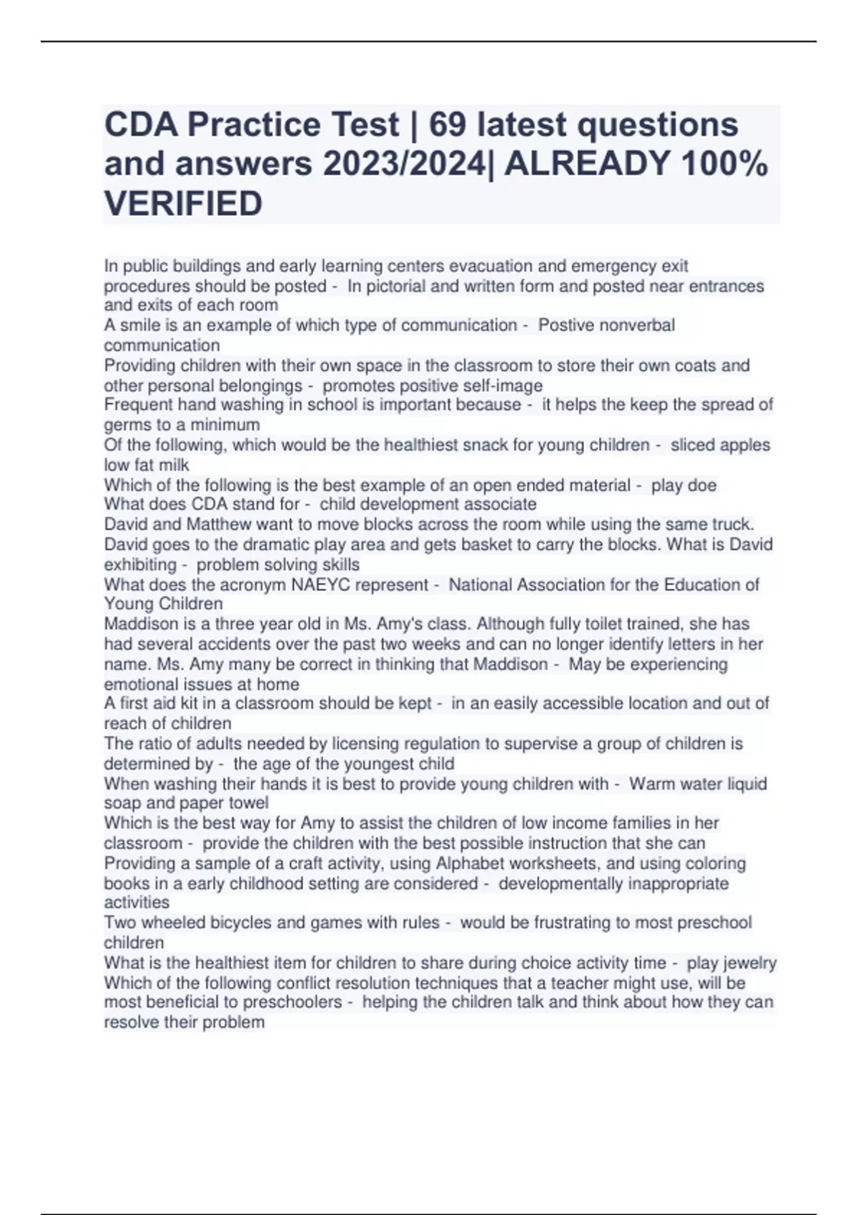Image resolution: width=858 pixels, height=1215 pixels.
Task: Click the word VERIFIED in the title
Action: (183, 203)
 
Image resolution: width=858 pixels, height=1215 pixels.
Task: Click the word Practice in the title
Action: (253, 125)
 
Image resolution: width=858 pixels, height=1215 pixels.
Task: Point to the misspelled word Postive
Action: (564, 325)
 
